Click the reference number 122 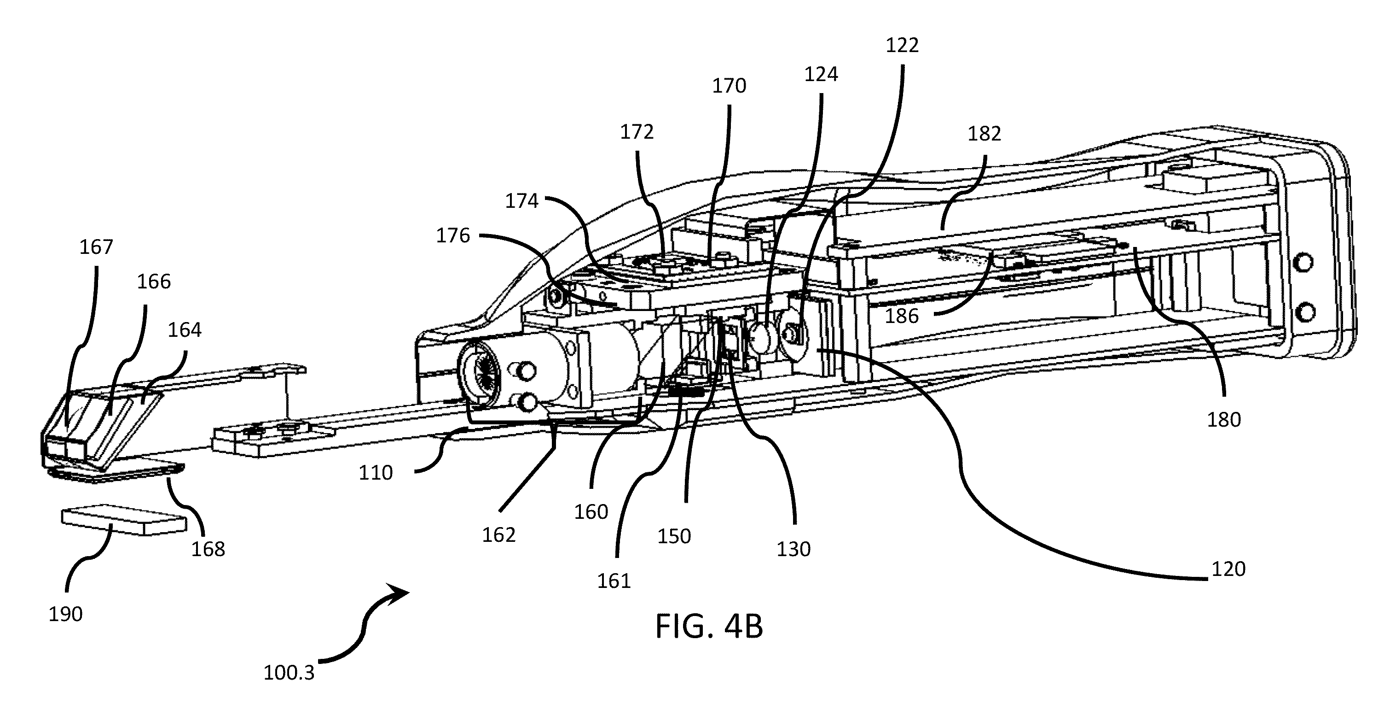pyautogui.click(x=902, y=45)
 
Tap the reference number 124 pyautogui.click(x=821, y=75)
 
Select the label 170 pyautogui.click(x=729, y=86)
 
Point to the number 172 pyautogui.click(x=637, y=132)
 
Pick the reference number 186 pyautogui.click(x=902, y=316)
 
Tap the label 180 pyautogui.click(x=1224, y=420)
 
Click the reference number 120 pyautogui.click(x=1228, y=569)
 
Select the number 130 pyautogui.click(x=793, y=549)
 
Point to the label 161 pyautogui.click(x=614, y=581)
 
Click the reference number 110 pyautogui.click(x=376, y=473)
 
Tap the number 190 pyautogui.click(x=65, y=615)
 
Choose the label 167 pyautogui.click(x=96, y=247)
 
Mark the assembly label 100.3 pyautogui.click(x=289, y=673)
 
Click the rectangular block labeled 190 pyautogui.click(x=123, y=519)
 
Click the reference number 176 pyautogui.click(x=453, y=235)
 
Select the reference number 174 pyautogui.click(x=522, y=201)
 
